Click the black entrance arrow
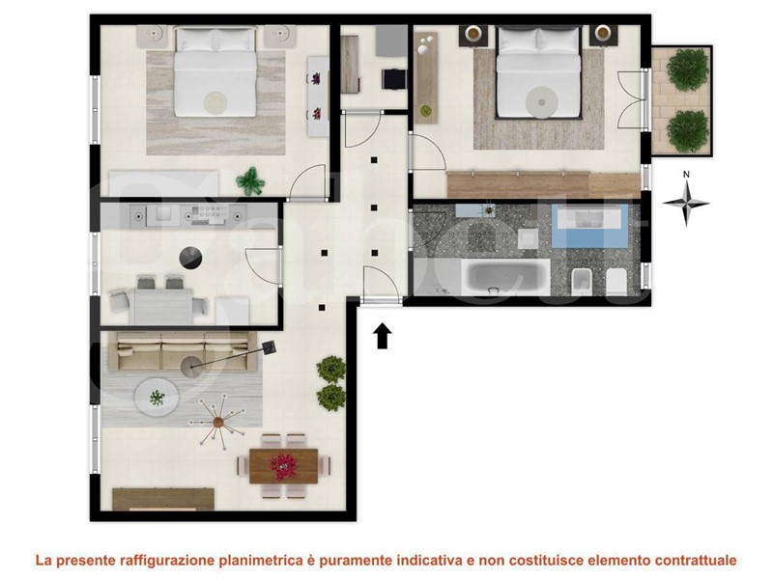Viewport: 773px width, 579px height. click(382, 336)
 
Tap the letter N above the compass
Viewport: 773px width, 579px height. click(686, 175)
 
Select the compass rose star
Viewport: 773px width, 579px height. click(686, 203)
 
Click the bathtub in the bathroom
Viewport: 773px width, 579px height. click(505, 277)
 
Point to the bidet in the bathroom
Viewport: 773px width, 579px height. click(582, 283)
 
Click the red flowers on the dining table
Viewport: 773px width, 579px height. click(283, 466)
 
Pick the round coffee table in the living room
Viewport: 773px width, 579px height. click(157, 397)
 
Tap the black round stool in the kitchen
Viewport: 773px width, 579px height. click(190, 258)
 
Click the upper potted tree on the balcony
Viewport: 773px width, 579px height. click(687, 69)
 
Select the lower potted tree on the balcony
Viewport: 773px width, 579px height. click(687, 131)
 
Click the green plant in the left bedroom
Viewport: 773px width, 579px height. click(250, 180)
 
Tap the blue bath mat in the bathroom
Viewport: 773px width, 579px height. click(589, 226)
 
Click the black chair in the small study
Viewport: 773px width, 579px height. click(394, 79)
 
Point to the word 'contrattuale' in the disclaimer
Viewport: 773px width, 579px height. click(696, 560)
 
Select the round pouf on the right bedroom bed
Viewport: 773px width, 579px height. click(541, 102)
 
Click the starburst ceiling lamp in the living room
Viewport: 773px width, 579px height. click(218, 422)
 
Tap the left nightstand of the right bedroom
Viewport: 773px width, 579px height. click(473, 35)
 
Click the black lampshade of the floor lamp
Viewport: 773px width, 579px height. click(270, 347)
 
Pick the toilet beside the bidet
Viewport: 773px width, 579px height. click(616, 282)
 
